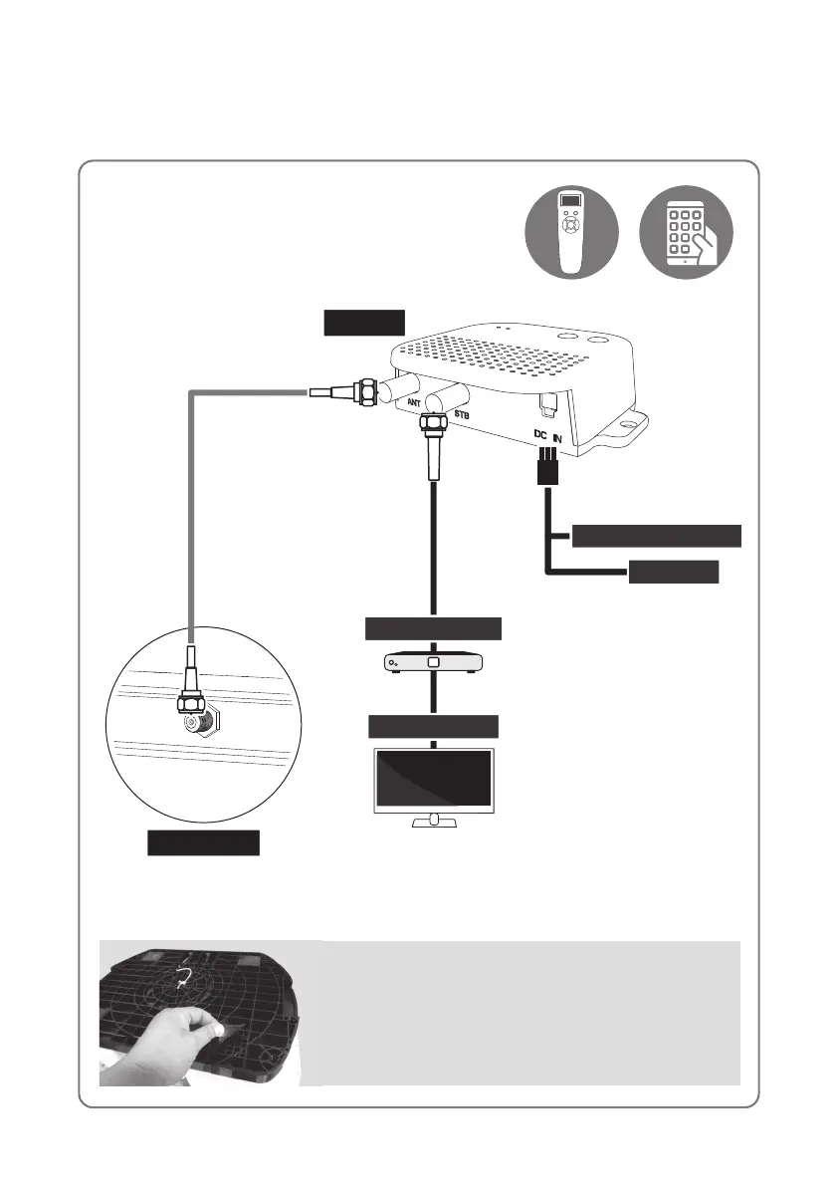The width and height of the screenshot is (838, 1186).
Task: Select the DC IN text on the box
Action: (x=548, y=435)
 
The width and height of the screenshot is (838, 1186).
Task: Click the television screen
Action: (x=433, y=778)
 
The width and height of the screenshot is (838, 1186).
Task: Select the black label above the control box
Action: (x=364, y=324)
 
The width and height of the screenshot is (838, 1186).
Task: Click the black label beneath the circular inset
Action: (x=204, y=843)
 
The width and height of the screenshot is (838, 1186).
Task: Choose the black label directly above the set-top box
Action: (x=433, y=628)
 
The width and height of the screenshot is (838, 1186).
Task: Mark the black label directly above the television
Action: (x=433, y=726)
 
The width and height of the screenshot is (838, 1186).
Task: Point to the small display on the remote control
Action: (x=570, y=202)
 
